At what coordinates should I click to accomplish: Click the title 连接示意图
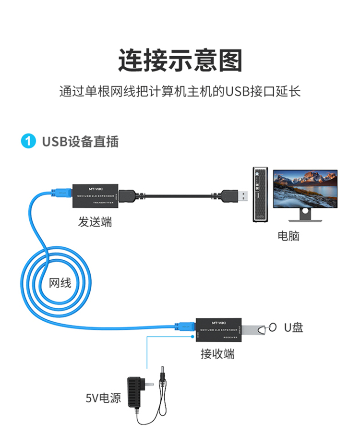tap(180, 60)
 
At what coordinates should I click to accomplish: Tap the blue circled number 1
tap(29, 142)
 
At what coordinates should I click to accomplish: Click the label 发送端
tap(95, 222)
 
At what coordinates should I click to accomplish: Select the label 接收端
tap(217, 354)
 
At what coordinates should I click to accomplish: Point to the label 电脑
tap(288, 236)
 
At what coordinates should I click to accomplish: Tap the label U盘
tap(293, 328)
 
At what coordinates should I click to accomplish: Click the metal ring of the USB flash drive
tap(272, 327)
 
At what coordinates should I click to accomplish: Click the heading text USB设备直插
tap(80, 142)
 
